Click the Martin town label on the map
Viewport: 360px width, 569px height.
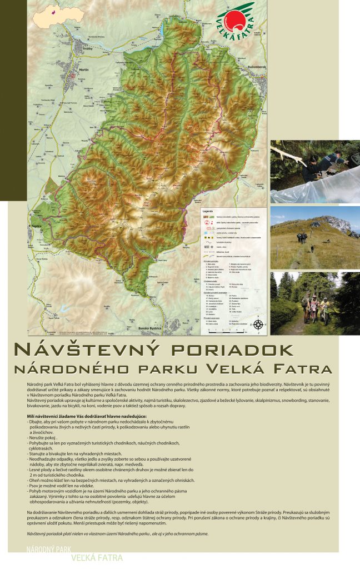84,69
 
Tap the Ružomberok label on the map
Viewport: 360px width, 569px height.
243,67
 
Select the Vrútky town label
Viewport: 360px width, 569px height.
88,49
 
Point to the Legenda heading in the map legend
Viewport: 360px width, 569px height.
208,212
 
